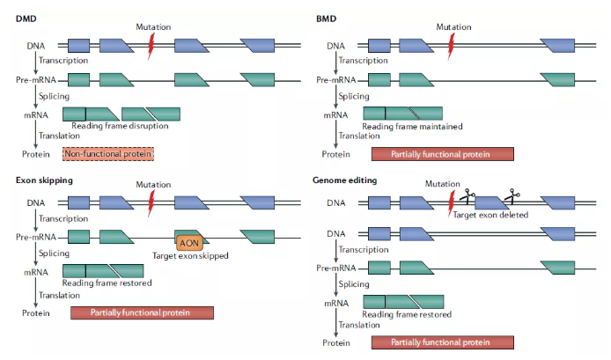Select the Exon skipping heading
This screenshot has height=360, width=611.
43,181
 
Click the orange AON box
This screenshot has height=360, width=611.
189,241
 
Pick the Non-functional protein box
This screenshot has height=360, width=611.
108,154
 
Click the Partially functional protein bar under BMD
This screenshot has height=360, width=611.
442,154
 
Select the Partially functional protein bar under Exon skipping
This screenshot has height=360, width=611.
142,312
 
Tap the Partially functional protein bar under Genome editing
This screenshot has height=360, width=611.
442,343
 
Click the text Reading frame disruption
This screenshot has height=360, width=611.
121,126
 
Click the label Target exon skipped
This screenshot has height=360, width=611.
190,256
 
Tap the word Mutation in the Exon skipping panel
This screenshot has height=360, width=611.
152,185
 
